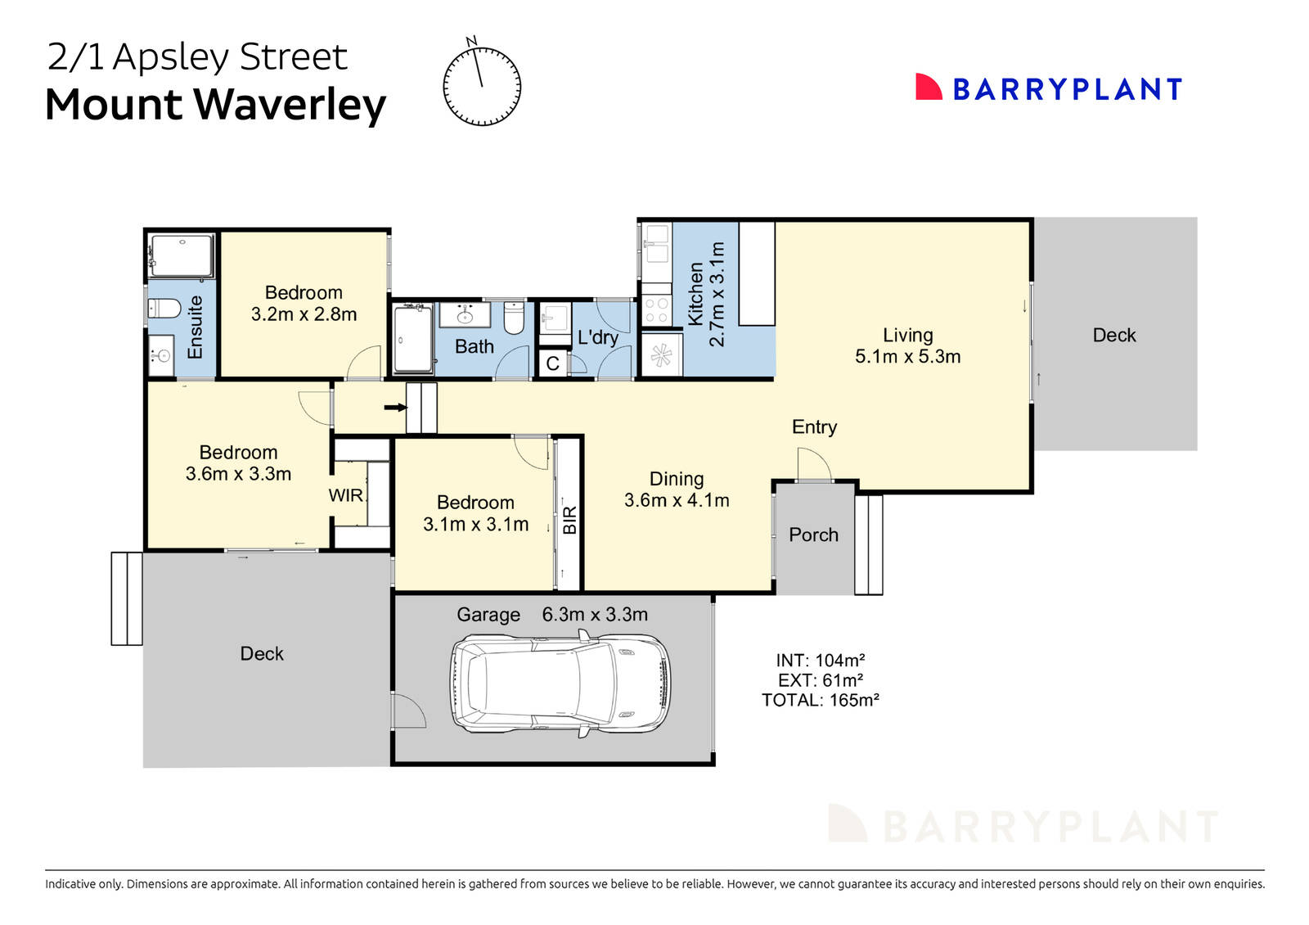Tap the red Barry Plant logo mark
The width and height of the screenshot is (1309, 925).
click(x=928, y=88)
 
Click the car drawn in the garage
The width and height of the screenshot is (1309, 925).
click(x=560, y=684)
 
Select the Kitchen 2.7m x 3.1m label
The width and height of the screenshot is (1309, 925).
click(x=706, y=295)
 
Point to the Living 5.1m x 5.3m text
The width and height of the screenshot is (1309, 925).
click(x=907, y=345)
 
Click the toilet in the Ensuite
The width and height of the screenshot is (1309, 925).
click(x=164, y=309)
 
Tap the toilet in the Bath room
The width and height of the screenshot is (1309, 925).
click(x=513, y=319)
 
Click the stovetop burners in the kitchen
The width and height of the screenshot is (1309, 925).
click(x=656, y=310)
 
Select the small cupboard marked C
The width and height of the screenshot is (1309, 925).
click(x=552, y=363)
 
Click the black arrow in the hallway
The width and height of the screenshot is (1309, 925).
click(x=396, y=407)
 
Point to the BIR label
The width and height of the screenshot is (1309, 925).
click(x=569, y=520)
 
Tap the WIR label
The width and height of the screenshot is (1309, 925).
click(x=345, y=495)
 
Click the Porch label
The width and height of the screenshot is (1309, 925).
click(x=813, y=535)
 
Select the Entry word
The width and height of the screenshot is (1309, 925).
click(x=814, y=426)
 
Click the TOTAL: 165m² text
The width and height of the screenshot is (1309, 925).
click(x=820, y=700)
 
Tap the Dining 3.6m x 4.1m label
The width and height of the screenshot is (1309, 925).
click(x=677, y=490)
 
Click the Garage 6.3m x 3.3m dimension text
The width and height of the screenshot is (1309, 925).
click(x=595, y=614)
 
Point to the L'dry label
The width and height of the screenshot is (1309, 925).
click(x=597, y=337)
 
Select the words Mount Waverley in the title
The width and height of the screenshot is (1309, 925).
click(x=215, y=105)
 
